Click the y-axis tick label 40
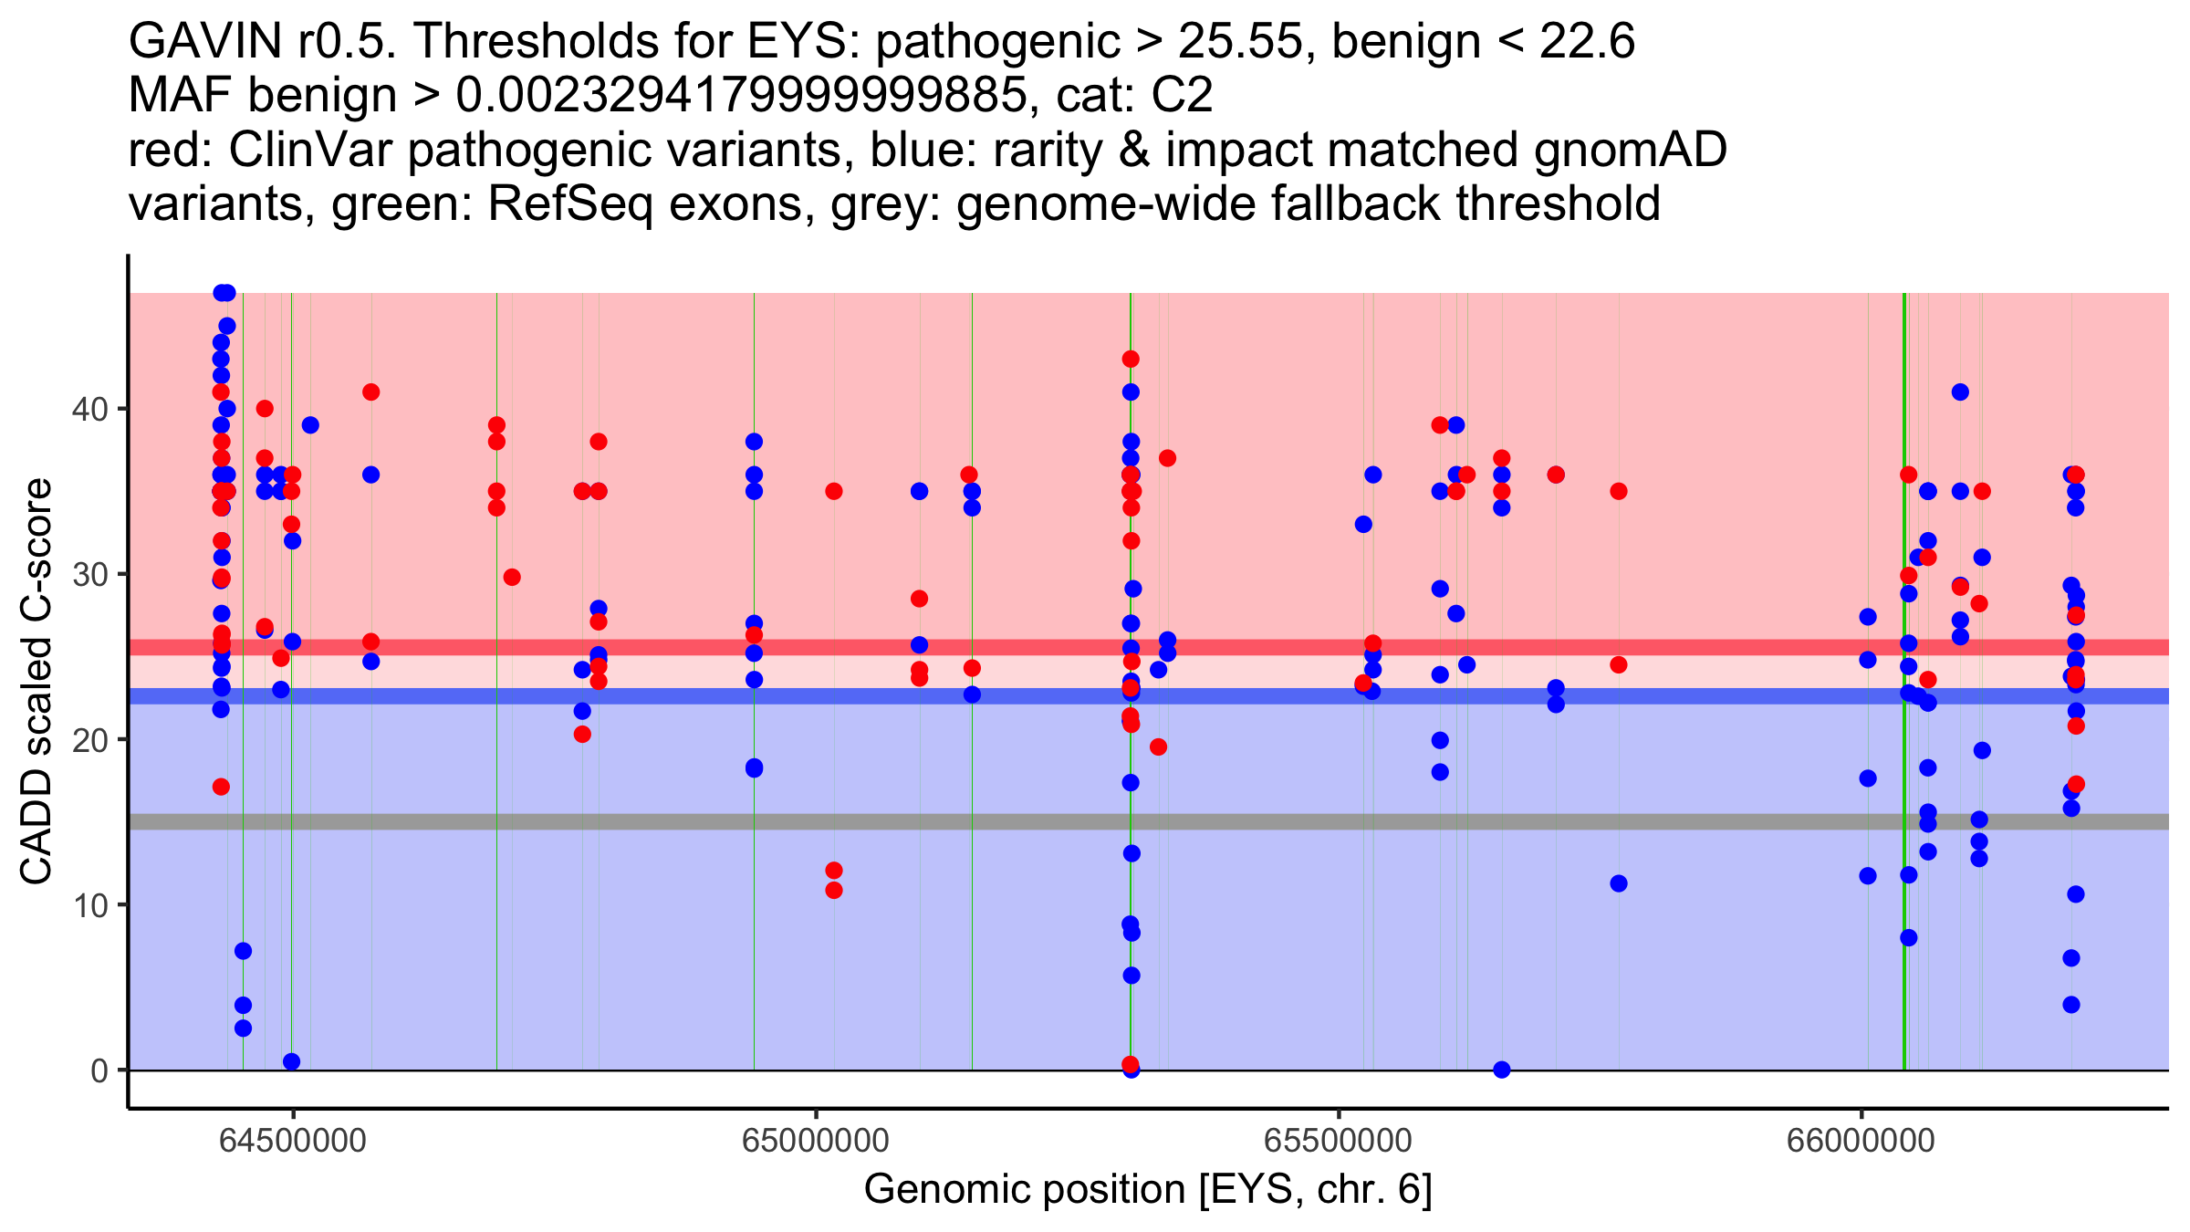[x=89, y=409]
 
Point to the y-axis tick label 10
[x=89, y=905]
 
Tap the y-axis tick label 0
[x=99, y=1070]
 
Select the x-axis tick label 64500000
[x=293, y=1141]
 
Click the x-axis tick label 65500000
[x=1339, y=1141]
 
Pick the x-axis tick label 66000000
[x=1861, y=1141]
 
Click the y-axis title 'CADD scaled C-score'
[x=36, y=682]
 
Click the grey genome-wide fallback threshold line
[x=1149, y=822]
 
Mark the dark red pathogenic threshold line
[x=1149, y=647]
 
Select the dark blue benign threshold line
[x=1149, y=696]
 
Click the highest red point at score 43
[x=1131, y=359]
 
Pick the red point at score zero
[x=1131, y=1064]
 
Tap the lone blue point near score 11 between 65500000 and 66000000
[x=1619, y=883]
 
